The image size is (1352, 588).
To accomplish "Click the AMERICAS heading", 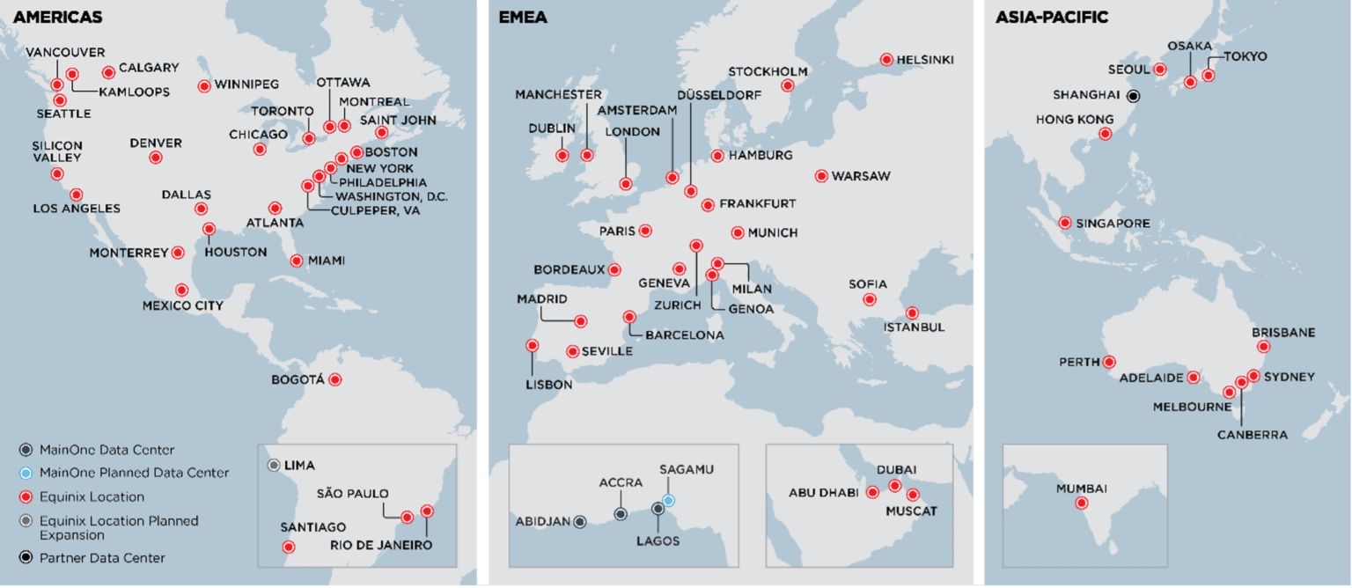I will pyautogui.click(x=58, y=17).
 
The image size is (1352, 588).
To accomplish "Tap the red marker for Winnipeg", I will pyautogui.click(x=204, y=85).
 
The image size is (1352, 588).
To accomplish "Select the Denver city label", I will pyautogui.click(x=156, y=143).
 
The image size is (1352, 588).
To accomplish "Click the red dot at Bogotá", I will pyautogui.click(x=334, y=379).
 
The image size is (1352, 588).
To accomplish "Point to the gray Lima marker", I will pyautogui.click(x=274, y=465).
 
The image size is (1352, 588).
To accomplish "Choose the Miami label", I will pyautogui.click(x=327, y=261).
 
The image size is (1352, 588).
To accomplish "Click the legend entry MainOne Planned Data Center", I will pyautogui.click(x=135, y=473).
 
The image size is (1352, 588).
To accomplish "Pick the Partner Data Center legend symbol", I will pyautogui.click(x=26, y=557).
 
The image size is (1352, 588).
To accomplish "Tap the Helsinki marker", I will pyautogui.click(x=887, y=60).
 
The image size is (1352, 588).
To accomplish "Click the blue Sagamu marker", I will pyautogui.click(x=669, y=500).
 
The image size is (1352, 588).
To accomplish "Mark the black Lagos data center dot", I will pyautogui.click(x=658, y=508).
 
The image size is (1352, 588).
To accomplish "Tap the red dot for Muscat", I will pyautogui.click(x=913, y=495).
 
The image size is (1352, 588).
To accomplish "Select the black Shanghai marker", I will pyautogui.click(x=1134, y=95).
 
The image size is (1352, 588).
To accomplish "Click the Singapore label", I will pyautogui.click(x=1113, y=223).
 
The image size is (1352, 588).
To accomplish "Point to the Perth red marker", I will pyautogui.click(x=1110, y=362).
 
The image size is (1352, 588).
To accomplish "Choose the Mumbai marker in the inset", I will pyautogui.click(x=1081, y=503).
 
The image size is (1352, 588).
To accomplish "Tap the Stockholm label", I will pyautogui.click(x=768, y=71).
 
